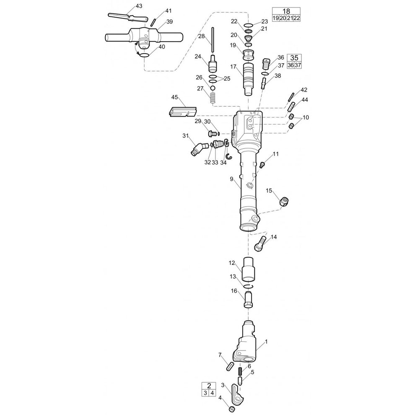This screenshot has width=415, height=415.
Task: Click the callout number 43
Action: tap(139, 6)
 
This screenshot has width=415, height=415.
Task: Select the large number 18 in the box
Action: tap(286, 11)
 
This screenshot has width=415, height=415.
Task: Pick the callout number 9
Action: tap(231, 179)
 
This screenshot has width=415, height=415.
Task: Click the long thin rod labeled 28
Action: tap(212, 40)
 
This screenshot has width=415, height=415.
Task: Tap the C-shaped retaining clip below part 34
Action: tap(229, 157)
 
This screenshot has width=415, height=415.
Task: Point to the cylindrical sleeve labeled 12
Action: tap(249, 269)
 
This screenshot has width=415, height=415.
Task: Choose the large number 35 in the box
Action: tap(294, 58)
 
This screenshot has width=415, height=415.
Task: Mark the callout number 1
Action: tap(266, 342)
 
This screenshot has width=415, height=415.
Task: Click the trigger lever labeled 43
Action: tap(127, 18)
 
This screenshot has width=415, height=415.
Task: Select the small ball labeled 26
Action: tap(213, 88)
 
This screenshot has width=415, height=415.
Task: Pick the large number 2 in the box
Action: tap(209, 385)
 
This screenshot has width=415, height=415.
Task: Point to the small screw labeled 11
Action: tap(262, 165)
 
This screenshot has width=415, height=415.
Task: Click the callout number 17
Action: tap(233, 67)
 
